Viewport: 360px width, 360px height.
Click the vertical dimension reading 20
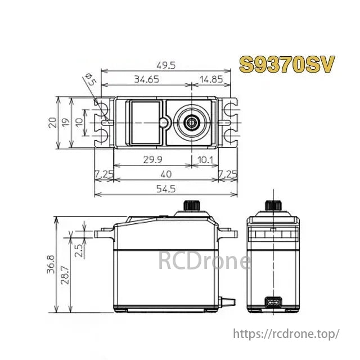point(52,122)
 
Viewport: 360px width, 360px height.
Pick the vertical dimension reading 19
point(66,122)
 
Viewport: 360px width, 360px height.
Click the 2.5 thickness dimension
point(79,249)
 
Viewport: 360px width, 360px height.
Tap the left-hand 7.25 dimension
point(104,173)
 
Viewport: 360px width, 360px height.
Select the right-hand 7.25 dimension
point(228,173)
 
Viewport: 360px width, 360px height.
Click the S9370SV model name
point(287,64)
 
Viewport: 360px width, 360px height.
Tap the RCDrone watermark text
point(204,261)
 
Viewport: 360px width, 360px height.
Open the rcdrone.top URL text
point(286,334)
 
